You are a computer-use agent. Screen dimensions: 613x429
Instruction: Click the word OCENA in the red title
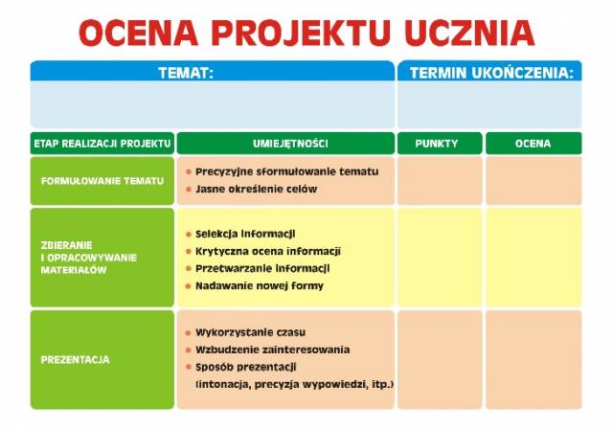pyautogui.click(x=139, y=33)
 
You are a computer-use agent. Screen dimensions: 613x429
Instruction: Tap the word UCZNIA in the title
pyautogui.click(x=469, y=33)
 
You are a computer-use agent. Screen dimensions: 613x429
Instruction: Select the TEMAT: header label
pyautogui.click(x=186, y=73)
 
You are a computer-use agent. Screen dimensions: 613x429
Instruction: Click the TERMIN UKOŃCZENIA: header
pyautogui.click(x=491, y=73)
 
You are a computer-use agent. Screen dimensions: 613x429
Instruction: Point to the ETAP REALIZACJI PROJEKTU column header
pyautogui.click(x=102, y=144)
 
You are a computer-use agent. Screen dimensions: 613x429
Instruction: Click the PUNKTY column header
pyautogui.click(x=437, y=144)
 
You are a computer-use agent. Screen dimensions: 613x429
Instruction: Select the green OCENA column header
pyautogui.click(x=533, y=144)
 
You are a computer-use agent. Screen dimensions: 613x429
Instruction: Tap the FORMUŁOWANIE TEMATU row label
pyautogui.click(x=102, y=181)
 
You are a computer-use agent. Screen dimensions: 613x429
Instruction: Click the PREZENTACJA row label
pyautogui.click(x=75, y=359)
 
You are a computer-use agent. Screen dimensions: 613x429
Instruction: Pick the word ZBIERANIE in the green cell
pyautogui.click(x=66, y=245)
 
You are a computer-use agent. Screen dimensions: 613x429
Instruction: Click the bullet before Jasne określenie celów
pyautogui.click(x=189, y=189)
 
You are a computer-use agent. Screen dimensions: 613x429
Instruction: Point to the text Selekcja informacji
pyautogui.click(x=245, y=234)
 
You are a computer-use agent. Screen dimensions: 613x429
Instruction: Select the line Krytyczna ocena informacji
pyautogui.click(x=268, y=251)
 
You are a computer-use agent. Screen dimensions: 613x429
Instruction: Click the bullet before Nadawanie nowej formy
pyautogui.click(x=189, y=286)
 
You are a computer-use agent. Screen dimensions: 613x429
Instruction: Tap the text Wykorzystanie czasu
pyautogui.click(x=251, y=332)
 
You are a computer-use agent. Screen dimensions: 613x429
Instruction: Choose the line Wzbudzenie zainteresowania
pyautogui.click(x=273, y=350)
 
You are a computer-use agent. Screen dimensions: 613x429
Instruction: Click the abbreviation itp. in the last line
pyautogui.click(x=382, y=384)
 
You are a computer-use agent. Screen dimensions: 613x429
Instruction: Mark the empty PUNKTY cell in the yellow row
pyautogui.click(x=440, y=258)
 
